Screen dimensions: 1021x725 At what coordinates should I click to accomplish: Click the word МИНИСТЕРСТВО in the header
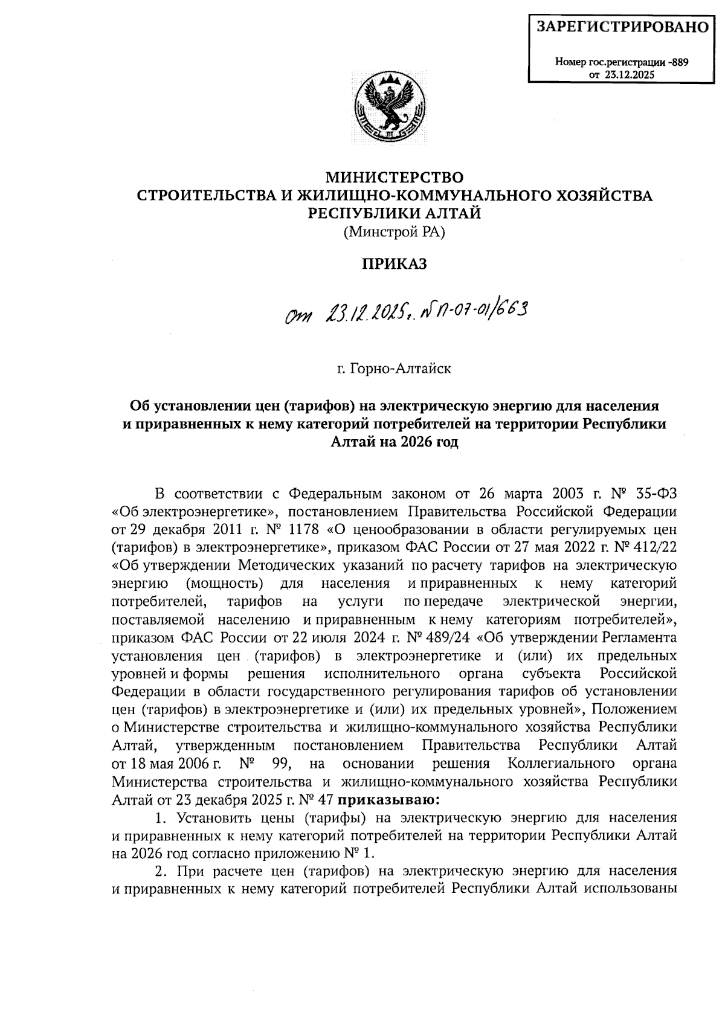point(395,178)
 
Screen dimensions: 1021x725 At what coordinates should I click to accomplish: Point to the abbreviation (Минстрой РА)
point(394,231)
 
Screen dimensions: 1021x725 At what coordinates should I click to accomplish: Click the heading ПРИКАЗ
point(394,264)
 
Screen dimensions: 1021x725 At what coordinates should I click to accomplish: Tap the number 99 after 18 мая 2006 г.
point(282,764)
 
